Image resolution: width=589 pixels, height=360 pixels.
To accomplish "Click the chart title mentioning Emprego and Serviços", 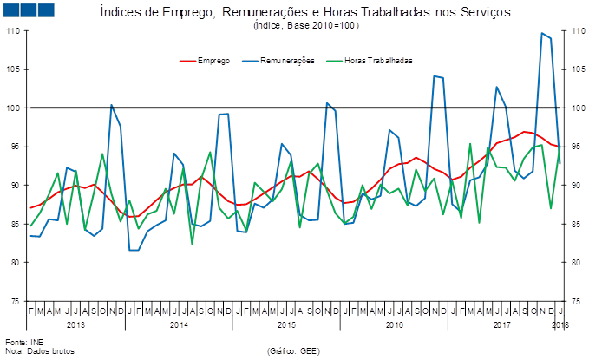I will (x=305, y=13).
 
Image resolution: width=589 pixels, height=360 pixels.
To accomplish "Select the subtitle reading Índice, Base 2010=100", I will (x=305, y=26).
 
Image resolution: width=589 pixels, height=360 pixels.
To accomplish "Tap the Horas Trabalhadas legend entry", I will (x=378, y=61).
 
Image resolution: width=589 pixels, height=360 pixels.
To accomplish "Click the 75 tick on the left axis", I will (x=15, y=301).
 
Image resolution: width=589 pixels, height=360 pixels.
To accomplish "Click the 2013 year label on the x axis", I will (x=75, y=324).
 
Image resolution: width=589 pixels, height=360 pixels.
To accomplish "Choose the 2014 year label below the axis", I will (x=180, y=324).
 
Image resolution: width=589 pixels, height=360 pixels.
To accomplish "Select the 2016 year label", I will (x=395, y=324).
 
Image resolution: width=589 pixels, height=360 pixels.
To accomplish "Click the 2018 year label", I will (x=560, y=324).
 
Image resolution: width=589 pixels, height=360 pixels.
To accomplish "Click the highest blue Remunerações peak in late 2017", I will (x=542, y=33).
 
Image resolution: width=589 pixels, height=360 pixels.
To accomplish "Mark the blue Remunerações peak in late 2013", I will (x=111, y=105).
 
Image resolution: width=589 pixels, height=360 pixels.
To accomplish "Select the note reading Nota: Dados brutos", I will (x=41, y=351).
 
